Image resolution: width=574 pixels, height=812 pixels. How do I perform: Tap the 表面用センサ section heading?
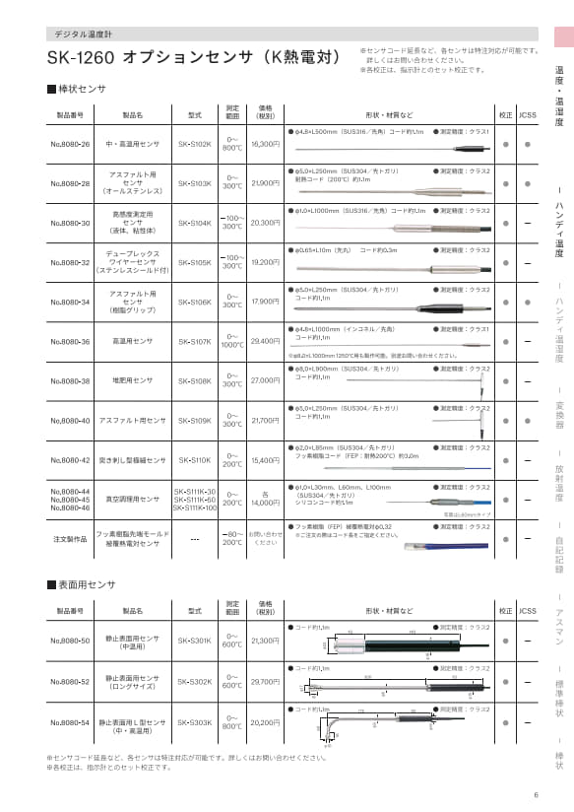point(83,585)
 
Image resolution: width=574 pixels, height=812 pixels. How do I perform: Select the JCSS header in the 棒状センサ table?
point(529,114)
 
